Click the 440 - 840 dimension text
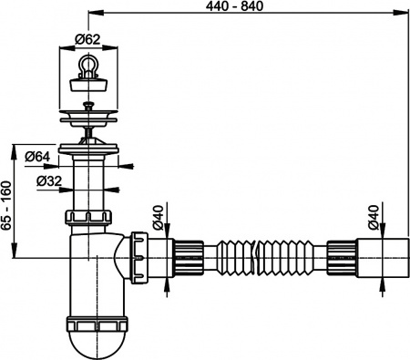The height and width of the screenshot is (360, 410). pos(248,6)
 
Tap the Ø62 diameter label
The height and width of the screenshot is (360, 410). pos(87,39)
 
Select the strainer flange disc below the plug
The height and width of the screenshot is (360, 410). pos(88,116)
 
